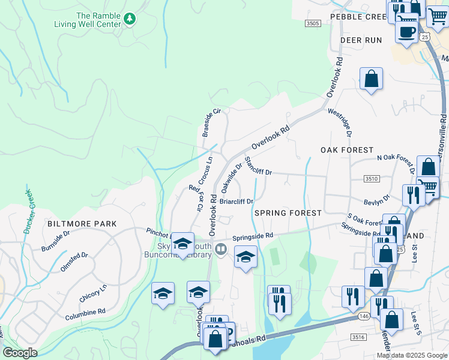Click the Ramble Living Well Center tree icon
[128, 20]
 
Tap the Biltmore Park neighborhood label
[82, 224]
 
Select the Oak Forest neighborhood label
[347, 150]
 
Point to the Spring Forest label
[288, 213]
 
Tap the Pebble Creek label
[358, 17]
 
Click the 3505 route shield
[312, 23]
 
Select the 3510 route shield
[372, 179]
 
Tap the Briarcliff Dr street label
[237, 202]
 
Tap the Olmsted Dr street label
[74, 263]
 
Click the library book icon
[221, 248]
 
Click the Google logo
[20, 353]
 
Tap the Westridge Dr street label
[340, 122]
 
